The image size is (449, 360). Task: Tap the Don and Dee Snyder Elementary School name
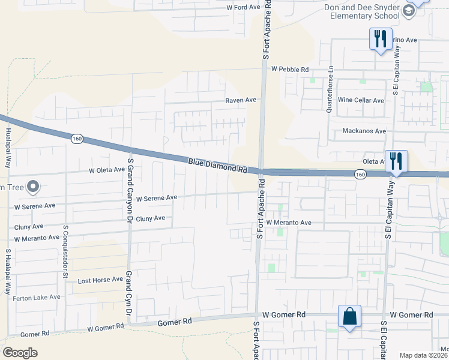tap(361, 12)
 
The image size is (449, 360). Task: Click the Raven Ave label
tap(241, 100)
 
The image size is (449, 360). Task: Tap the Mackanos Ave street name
tap(364, 131)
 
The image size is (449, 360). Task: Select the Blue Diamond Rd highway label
tap(217, 166)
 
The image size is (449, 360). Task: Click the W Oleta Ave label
tap(107, 170)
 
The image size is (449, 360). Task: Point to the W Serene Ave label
tap(157, 197)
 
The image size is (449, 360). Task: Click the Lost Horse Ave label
tap(100, 281)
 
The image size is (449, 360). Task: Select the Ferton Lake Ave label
tap(38, 297)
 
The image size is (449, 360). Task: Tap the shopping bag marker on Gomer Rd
tap(349, 316)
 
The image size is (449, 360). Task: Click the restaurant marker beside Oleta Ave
tap(396, 161)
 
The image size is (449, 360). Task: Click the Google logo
tap(20, 353)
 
